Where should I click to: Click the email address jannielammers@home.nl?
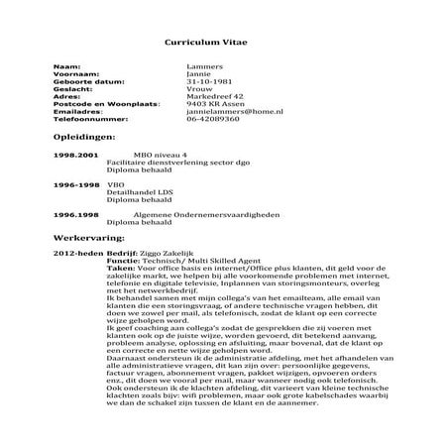[234, 114]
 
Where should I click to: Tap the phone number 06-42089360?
[212, 122]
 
